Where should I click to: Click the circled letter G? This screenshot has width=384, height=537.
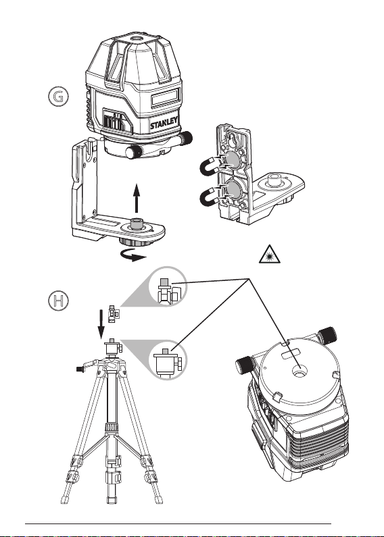58,97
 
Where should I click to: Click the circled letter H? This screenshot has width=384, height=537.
58,301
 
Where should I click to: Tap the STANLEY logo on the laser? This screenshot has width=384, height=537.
164,124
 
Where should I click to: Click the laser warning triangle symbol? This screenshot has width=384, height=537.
270,254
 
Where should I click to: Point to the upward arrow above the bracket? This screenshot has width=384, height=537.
137,199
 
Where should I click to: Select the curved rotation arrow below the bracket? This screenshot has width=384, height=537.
133,255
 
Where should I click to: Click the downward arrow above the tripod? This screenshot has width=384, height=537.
101,324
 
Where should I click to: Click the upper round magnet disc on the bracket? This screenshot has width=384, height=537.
233,159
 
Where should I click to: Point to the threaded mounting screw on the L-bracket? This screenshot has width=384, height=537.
137,225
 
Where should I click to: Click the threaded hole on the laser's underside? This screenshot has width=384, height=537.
299,371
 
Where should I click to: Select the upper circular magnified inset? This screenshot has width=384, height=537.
168,286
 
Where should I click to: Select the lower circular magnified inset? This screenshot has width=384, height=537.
168,360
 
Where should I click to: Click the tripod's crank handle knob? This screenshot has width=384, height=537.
80,369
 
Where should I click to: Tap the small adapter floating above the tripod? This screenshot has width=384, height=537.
113,313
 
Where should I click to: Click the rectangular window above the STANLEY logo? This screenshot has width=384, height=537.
166,97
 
